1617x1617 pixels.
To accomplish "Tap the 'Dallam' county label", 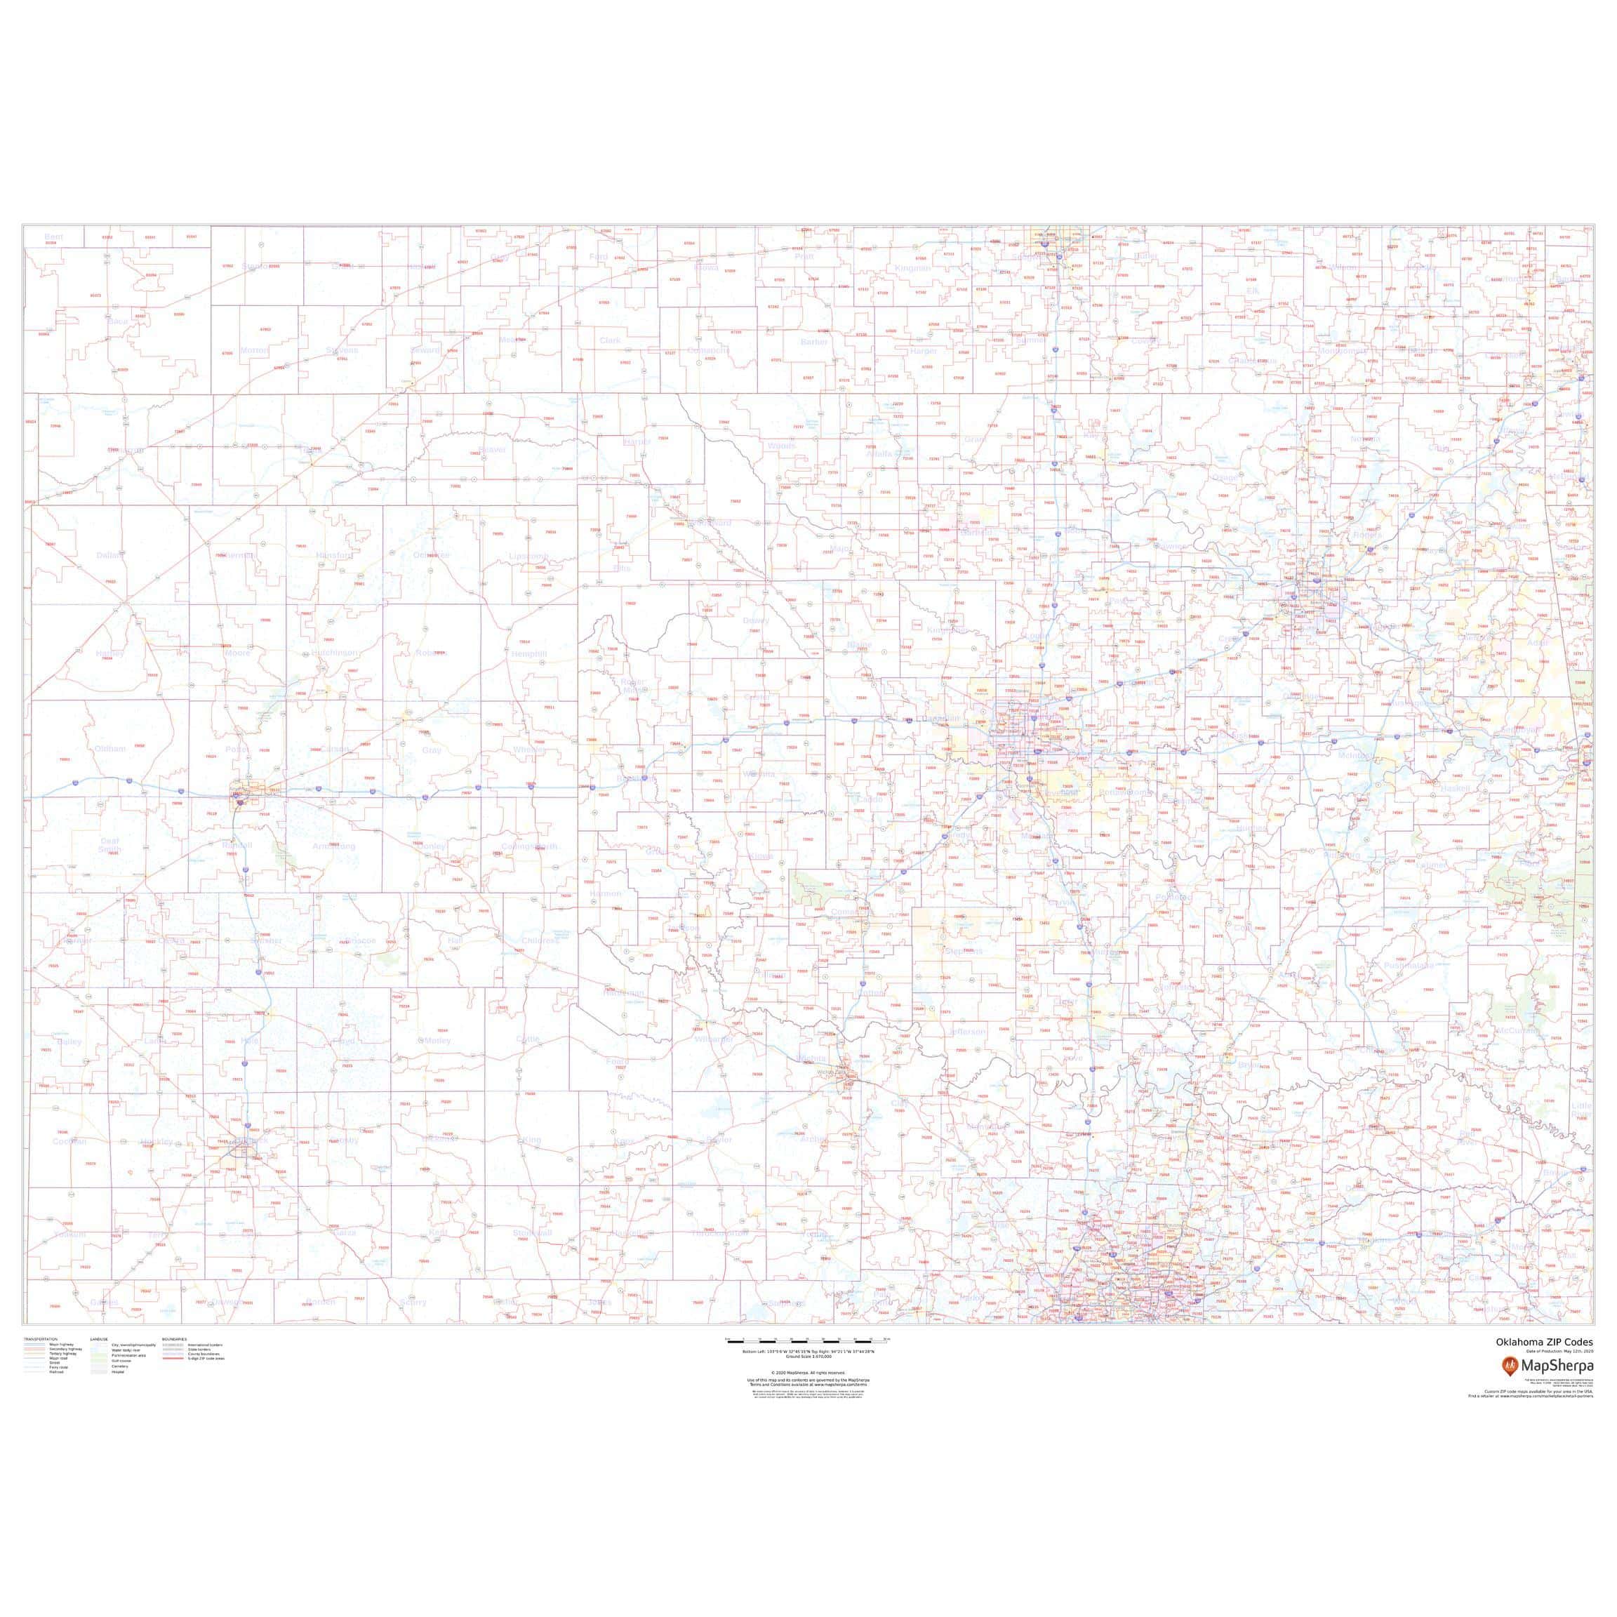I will [x=109, y=555].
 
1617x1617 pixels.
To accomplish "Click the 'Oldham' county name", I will [x=109, y=748].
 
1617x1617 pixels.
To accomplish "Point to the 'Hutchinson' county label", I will [x=335, y=652].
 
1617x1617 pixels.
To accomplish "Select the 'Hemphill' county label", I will [x=529, y=653].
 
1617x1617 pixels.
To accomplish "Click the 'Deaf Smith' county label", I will [x=109, y=845].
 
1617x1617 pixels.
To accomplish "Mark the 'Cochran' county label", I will [x=69, y=1140].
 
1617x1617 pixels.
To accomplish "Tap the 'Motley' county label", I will [x=438, y=1040].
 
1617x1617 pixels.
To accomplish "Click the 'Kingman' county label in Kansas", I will [x=912, y=268].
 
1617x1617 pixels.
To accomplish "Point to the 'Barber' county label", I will [x=814, y=342].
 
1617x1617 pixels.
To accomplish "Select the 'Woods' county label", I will [x=782, y=446].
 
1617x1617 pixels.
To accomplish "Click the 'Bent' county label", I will [x=53, y=237].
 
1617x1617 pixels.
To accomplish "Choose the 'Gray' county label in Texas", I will [x=432, y=750].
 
